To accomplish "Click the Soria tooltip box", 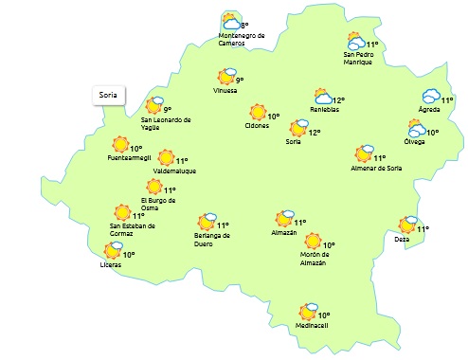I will [x=107, y=95].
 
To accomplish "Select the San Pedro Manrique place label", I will [x=359, y=59].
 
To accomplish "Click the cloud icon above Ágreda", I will [x=431, y=97].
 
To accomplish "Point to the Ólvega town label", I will [x=414, y=142].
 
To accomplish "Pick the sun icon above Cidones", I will [x=257, y=113].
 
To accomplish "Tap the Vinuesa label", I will [x=225, y=92].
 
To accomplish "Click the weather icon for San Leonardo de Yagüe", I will [x=154, y=105].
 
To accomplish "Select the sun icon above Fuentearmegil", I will [x=120, y=145].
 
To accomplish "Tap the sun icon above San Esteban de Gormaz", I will [x=122, y=213].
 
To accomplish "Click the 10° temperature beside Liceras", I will [x=128, y=255].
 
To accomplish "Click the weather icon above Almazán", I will [x=284, y=219].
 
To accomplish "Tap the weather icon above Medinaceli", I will [x=308, y=311].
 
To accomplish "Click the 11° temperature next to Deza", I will [x=423, y=228].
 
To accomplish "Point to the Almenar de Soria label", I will [x=377, y=169].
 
